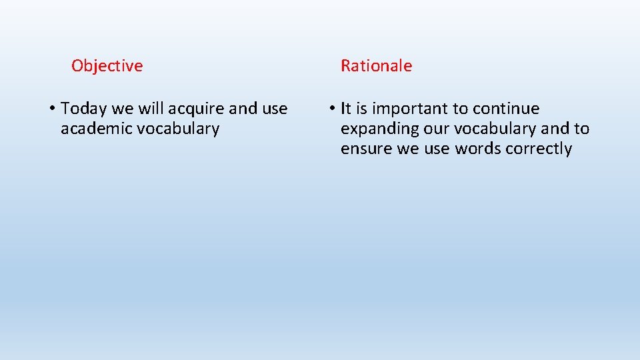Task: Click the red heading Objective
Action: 107,66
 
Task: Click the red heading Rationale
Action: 376,66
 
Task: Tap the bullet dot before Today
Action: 51,109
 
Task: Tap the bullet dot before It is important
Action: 331,109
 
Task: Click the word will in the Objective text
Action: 150,109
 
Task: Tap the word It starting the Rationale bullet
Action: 346,109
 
